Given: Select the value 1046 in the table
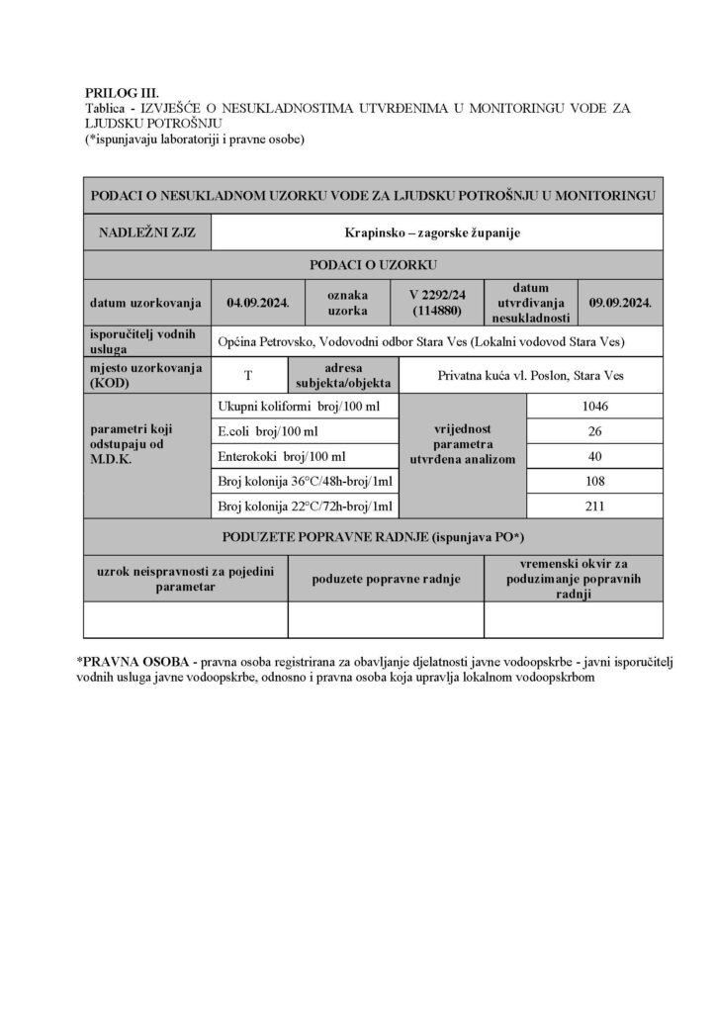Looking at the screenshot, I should pos(595,406).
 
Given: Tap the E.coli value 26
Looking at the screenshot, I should pos(595,431).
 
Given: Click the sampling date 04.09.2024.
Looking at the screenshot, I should pos(257,303).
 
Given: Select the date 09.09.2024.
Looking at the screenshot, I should pos(619,303).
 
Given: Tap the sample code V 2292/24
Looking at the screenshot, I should pos(439,295).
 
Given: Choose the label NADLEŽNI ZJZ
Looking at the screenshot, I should pos(147,233).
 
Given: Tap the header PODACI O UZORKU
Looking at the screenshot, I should pos(373,264).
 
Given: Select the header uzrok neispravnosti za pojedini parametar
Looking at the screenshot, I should pos(186,578).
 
